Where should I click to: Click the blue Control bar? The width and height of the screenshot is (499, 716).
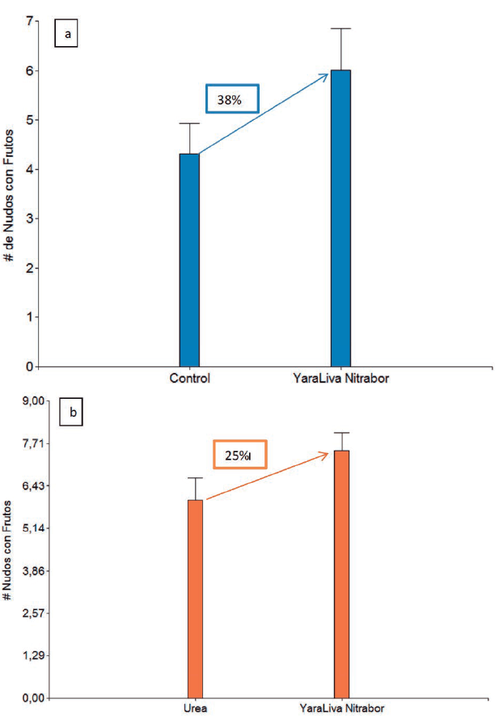click(189, 260)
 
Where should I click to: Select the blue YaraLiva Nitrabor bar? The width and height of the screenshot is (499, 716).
click(340, 218)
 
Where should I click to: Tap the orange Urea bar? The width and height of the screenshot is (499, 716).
click(195, 599)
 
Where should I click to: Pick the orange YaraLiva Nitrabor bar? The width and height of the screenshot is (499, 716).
click(341, 574)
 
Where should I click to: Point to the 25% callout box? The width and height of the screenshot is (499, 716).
click(239, 455)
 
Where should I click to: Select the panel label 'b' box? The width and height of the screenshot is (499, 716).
click(73, 414)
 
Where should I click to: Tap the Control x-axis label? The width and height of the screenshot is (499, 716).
click(190, 379)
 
